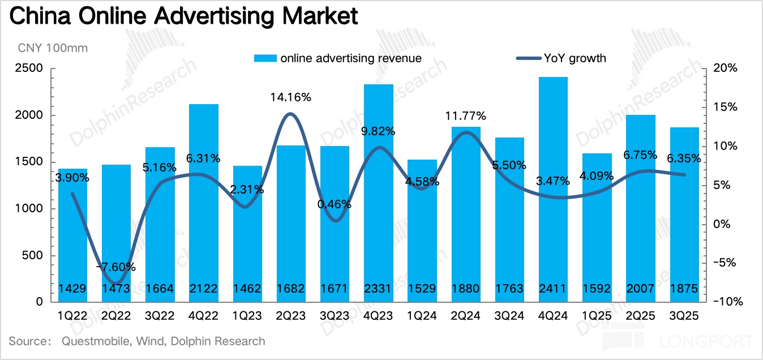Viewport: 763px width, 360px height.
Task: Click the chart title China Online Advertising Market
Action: coord(184,16)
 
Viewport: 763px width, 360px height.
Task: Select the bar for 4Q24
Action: coord(552,187)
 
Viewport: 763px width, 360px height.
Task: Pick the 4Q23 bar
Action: coord(378,192)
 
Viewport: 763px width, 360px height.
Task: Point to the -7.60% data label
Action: coord(115,267)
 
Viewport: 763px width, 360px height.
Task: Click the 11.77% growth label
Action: coord(465,116)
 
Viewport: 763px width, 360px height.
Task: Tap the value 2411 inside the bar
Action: coord(552,289)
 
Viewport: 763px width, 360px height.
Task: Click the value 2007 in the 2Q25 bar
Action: coord(640,289)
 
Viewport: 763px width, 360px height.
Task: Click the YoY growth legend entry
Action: coord(575,58)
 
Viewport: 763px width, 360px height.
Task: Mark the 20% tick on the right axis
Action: coord(725,68)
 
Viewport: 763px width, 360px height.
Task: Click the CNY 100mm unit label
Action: coord(53,48)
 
